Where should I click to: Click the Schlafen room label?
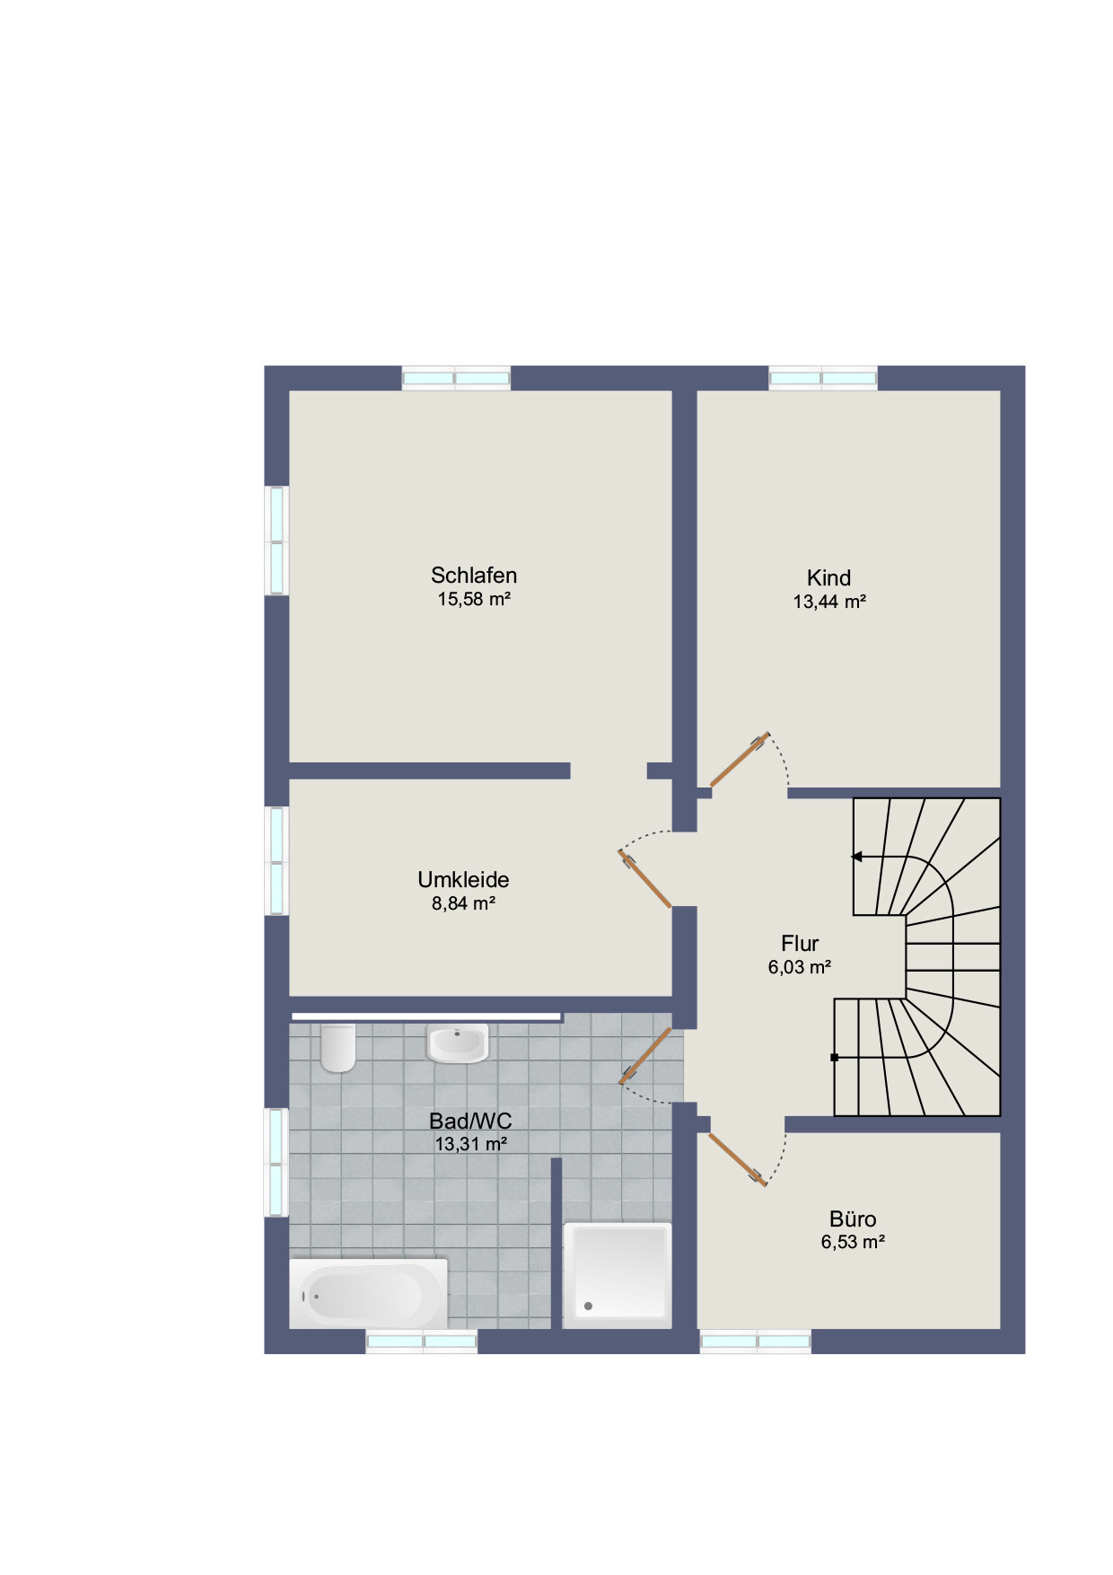pyautogui.click(x=474, y=575)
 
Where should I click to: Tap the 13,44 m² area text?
pyautogui.click(x=829, y=602)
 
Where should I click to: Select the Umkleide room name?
pyautogui.click(x=463, y=880)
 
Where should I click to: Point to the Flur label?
pyautogui.click(x=800, y=943)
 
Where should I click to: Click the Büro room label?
pyautogui.click(x=853, y=1219)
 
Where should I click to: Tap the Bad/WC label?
pyautogui.click(x=470, y=1121)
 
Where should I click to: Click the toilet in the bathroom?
pyautogui.click(x=338, y=1047)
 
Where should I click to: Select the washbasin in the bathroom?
pyautogui.click(x=458, y=1043)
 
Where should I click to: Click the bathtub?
pyautogui.click(x=368, y=1294)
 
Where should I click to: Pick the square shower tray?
pyautogui.click(x=618, y=1275)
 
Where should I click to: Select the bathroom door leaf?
pyautogui.click(x=645, y=1056)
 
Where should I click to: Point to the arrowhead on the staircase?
pyautogui.click(x=857, y=857)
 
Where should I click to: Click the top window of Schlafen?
pyautogui.click(x=456, y=378)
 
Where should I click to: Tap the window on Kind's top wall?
pyautogui.click(x=823, y=378)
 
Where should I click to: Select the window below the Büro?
pyautogui.click(x=756, y=1342)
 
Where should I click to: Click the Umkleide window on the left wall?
pyautogui.click(x=276, y=861)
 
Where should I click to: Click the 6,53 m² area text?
pyautogui.click(x=854, y=1242)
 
